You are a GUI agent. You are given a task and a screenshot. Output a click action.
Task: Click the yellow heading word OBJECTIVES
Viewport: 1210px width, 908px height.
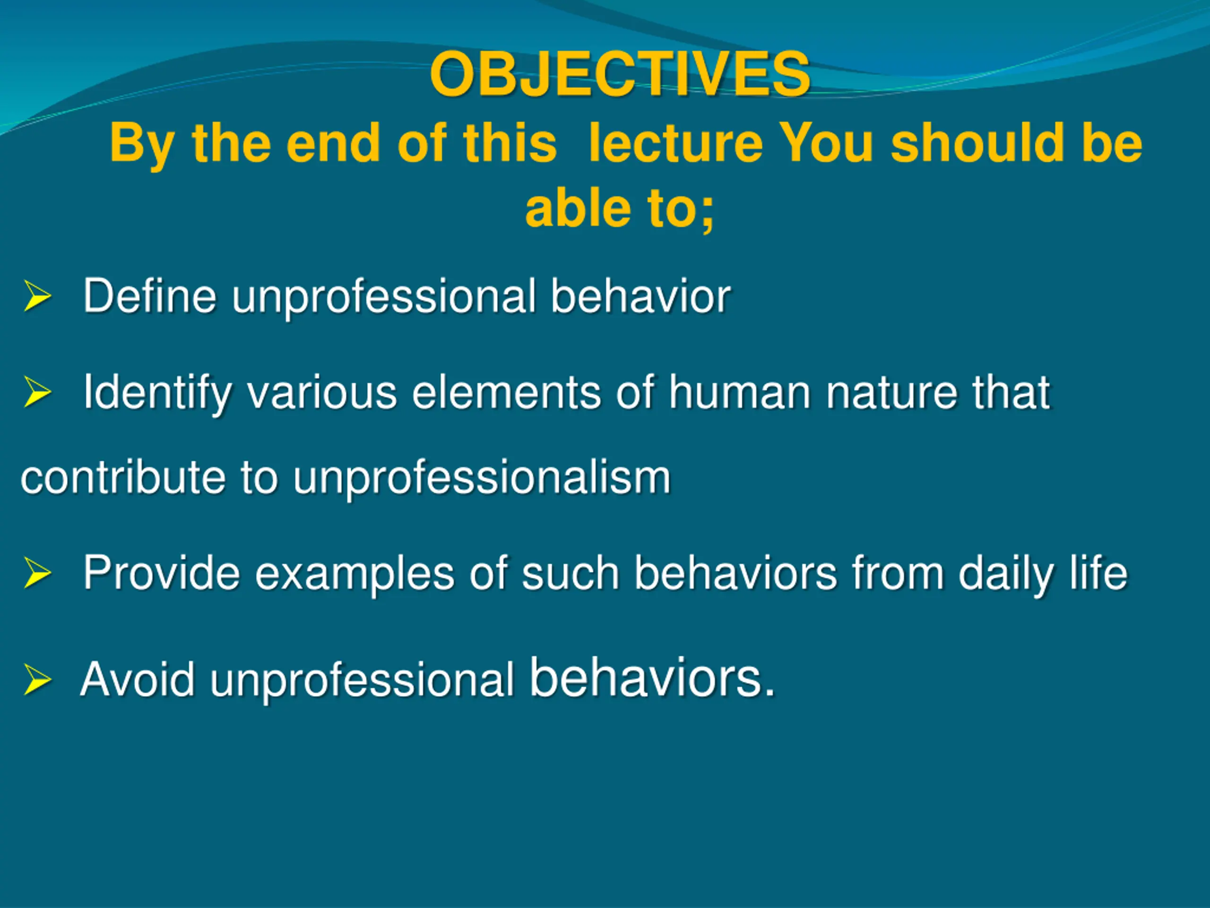pyautogui.click(x=620, y=74)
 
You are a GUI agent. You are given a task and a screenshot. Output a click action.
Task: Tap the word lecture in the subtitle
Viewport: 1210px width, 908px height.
pyautogui.click(x=675, y=143)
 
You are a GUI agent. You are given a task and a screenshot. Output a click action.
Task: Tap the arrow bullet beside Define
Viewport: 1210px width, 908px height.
pyautogui.click(x=37, y=296)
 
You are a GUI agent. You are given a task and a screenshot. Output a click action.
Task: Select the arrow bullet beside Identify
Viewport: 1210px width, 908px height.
pyautogui.click(x=37, y=393)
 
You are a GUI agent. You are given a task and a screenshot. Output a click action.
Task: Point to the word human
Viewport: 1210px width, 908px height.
pyautogui.click(x=740, y=392)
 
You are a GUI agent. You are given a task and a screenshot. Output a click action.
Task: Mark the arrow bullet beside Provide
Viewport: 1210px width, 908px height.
pyautogui.click(x=37, y=573)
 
